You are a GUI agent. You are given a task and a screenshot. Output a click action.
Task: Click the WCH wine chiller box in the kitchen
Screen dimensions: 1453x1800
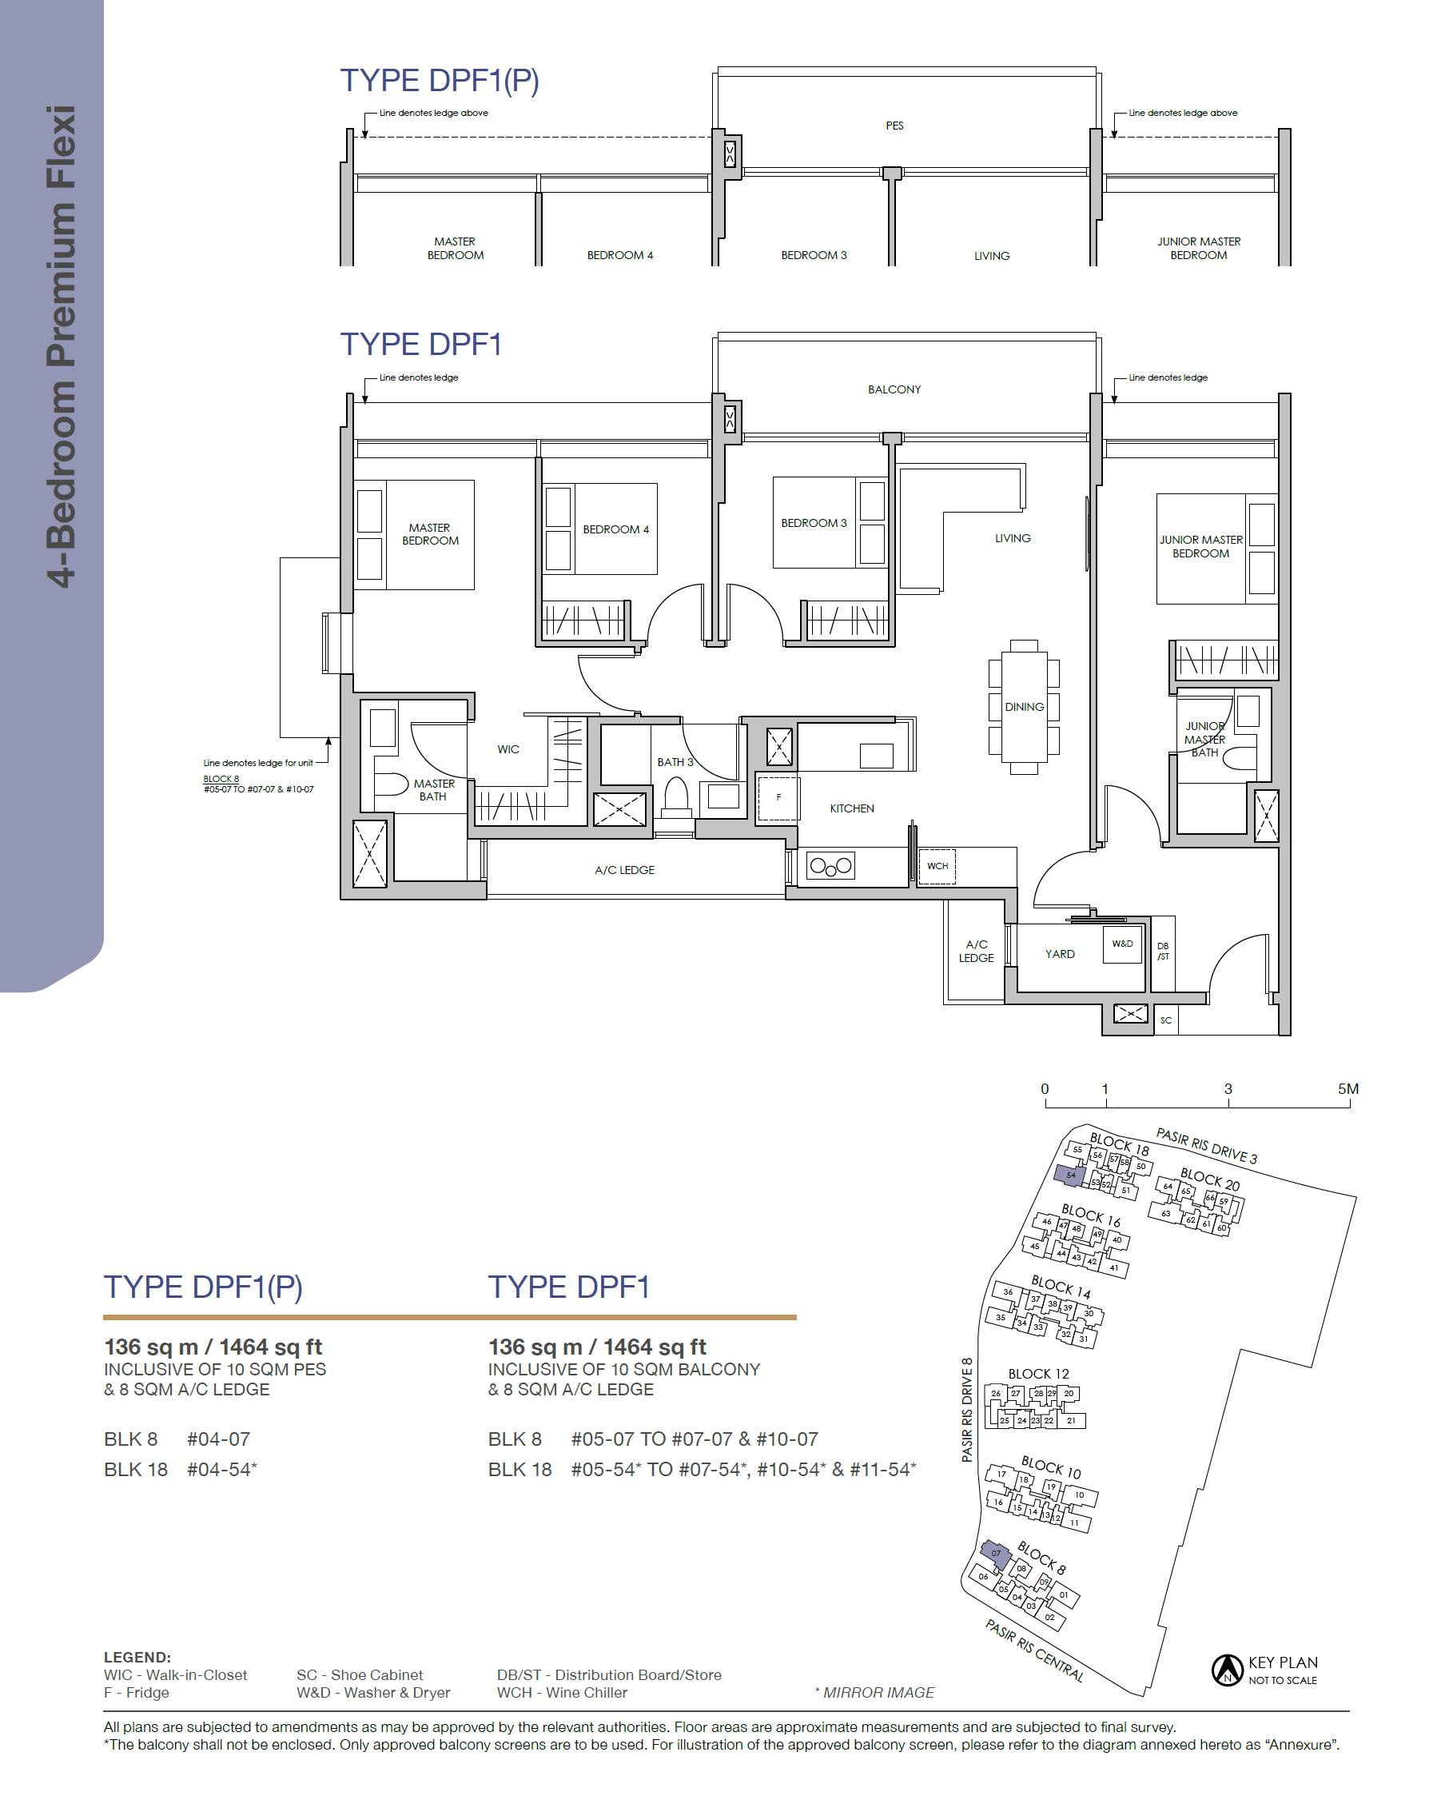click(x=937, y=866)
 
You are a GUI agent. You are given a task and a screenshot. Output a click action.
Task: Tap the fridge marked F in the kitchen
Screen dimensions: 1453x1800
click(x=778, y=798)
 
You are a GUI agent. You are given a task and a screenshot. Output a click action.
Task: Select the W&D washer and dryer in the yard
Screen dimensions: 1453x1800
click(x=1122, y=944)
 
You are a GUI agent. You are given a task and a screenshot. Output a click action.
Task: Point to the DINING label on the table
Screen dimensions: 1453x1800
click(x=1025, y=707)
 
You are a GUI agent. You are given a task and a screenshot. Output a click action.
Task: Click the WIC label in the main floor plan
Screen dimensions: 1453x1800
click(x=508, y=749)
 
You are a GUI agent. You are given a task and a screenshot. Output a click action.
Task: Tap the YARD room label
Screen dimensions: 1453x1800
click(x=1060, y=954)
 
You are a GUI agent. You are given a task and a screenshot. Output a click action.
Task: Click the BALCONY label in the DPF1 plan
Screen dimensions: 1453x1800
click(x=894, y=389)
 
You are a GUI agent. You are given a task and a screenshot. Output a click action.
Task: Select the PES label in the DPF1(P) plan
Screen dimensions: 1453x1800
click(x=894, y=126)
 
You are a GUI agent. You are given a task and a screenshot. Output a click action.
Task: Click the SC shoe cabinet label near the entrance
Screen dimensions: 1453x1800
click(x=1166, y=1020)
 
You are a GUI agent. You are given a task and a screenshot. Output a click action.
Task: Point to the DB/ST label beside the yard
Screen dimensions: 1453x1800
click(x=1164, y=951)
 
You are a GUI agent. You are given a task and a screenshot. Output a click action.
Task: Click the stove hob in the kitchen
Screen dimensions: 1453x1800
click(x=830, y=867)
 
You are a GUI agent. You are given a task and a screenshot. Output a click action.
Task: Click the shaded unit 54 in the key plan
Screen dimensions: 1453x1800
click(x=1070, y=1175)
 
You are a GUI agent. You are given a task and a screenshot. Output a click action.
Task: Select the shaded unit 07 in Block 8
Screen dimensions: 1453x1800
click(x=996, y=1553)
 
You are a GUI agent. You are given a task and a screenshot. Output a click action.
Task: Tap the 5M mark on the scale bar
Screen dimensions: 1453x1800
click(x=1348, y=1089)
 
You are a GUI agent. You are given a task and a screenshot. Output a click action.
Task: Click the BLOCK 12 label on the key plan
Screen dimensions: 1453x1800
click(x=1039, y=1374)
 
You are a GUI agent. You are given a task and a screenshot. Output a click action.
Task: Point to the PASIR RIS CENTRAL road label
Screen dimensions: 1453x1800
click(x=1034, y=1652)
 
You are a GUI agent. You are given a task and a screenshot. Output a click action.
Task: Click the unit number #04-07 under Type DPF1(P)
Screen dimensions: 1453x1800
click(x=218, y=1439)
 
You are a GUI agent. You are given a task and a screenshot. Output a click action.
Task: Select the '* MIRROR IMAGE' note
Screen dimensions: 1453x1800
click(x=874, y=1693)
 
